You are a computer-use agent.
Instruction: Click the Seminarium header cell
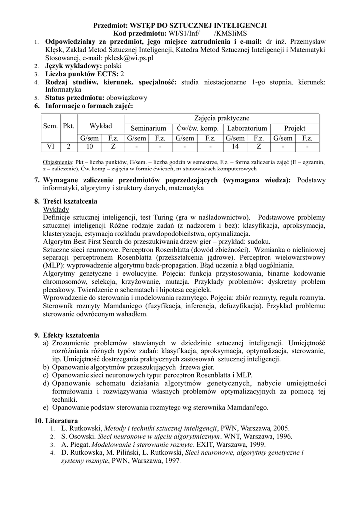click(x=148, y=128)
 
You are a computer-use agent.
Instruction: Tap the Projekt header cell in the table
click(x=295, y=128)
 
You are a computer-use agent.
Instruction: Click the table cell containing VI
click(x=50, y=147)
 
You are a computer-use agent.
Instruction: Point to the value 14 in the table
click(x=235, y=147)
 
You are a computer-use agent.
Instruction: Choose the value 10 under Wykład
click(x=89, y=147)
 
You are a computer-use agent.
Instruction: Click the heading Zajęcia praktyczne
click(x=222, y=118)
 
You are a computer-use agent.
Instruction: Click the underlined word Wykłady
click(x=56, y=209)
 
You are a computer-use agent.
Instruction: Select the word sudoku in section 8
click(x=248, y=242)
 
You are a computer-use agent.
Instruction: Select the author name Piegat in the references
click(x=77, y=444)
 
